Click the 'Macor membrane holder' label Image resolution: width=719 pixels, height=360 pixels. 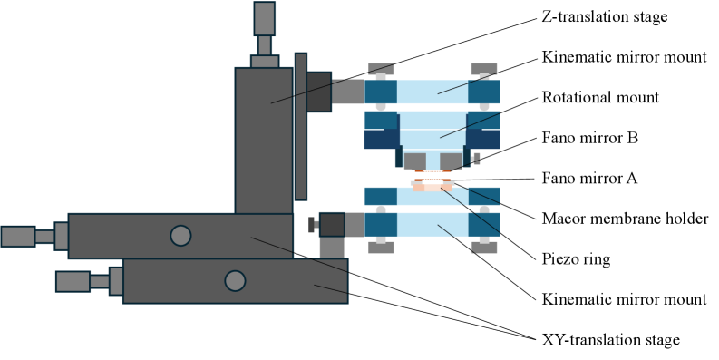coord(624,218)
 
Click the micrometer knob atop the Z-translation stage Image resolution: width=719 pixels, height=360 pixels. coord(264,18)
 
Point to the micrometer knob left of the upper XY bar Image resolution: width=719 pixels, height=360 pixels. coord(18,236)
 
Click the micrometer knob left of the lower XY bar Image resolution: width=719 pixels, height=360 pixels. coord(73,281)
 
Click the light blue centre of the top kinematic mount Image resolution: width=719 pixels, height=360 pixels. coord(432,92)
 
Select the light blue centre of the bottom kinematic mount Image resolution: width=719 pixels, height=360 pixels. coord(432,224)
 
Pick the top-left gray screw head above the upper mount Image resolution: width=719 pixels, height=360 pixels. coord(380,69)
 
